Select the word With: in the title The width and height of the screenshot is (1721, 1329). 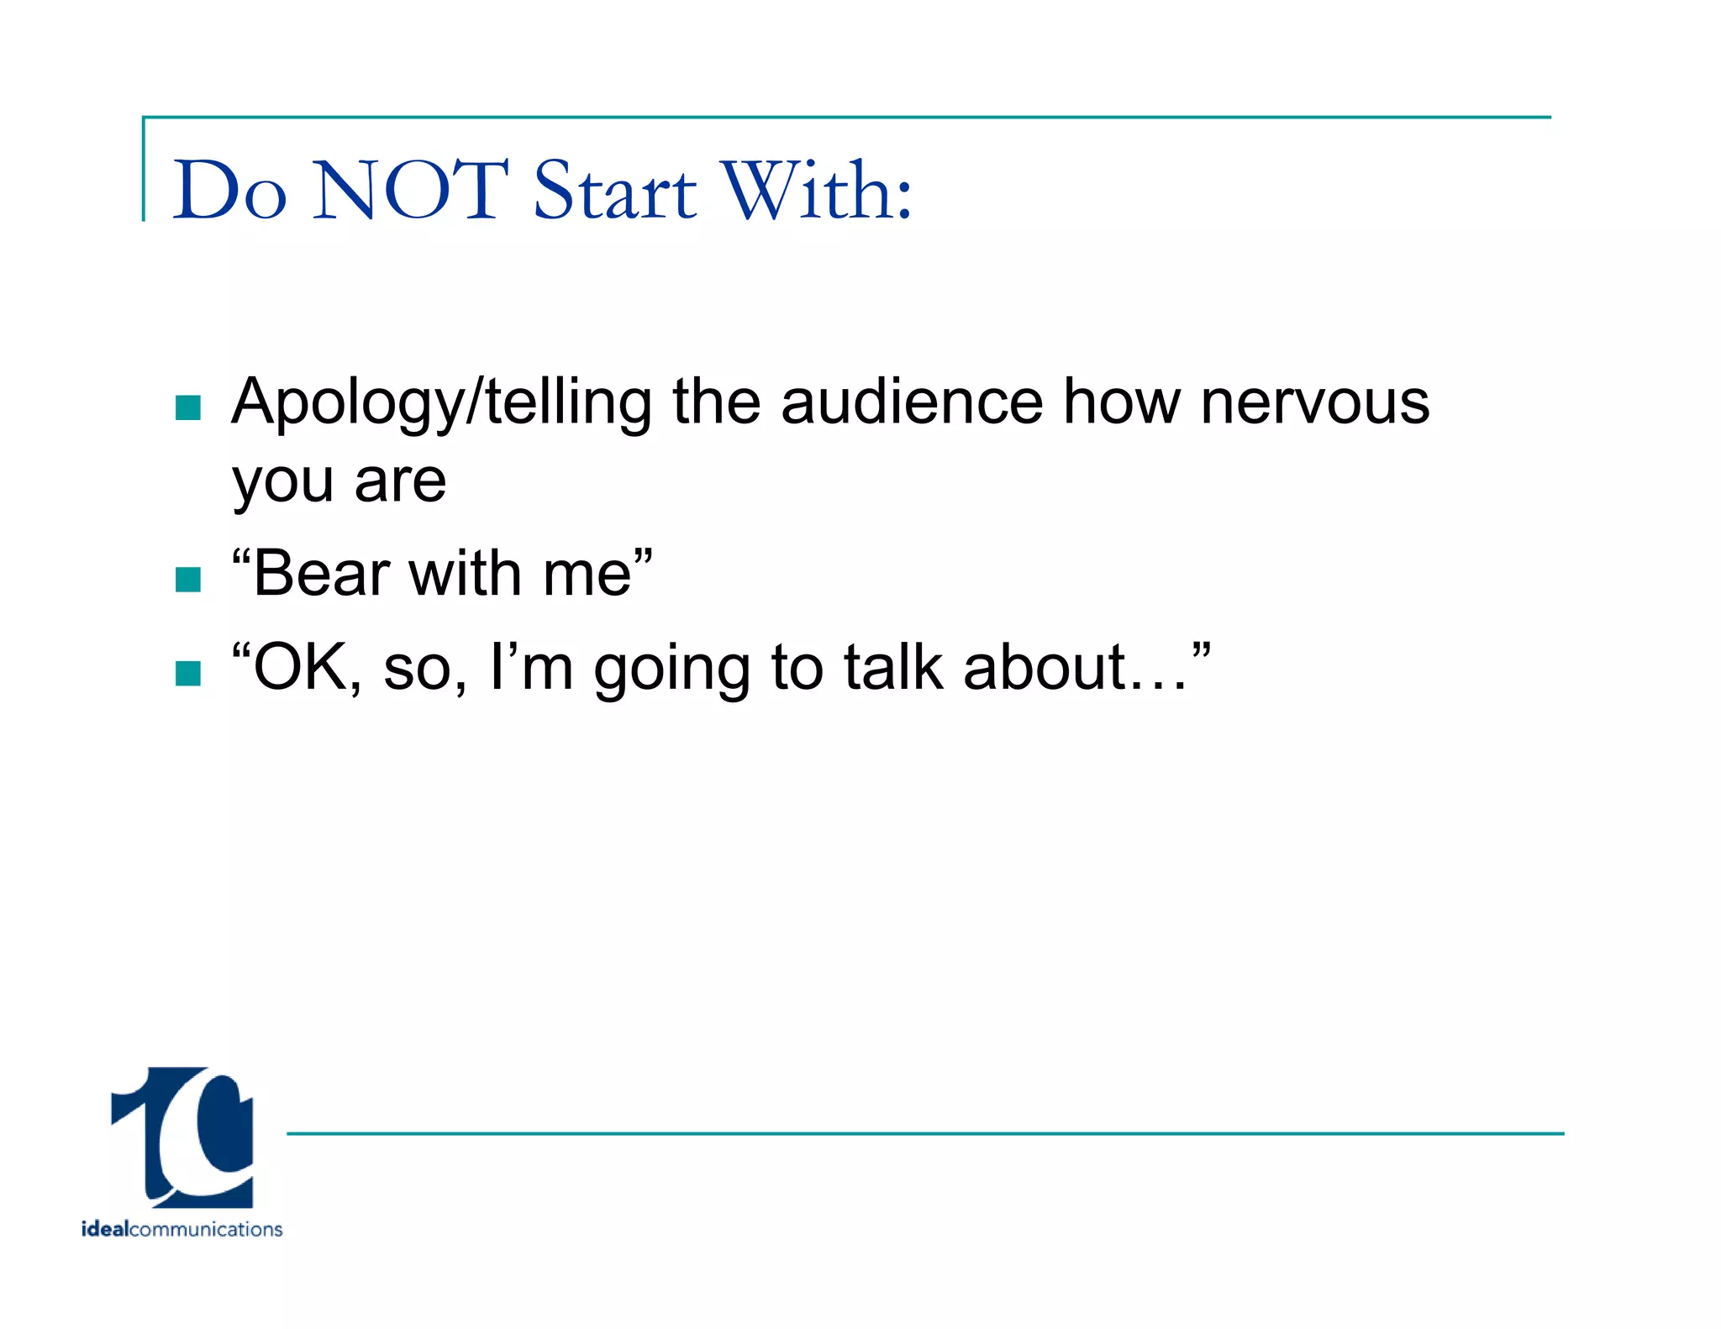[x=818, y=191]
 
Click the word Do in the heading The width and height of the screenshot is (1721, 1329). [x=229, y=191]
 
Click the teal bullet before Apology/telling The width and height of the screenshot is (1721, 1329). [x=188, y=408]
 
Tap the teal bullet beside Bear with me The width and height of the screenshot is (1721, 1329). [x=188, y=580]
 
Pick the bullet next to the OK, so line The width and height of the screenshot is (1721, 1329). [x=188, y=673]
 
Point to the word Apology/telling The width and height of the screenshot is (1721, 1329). [x=441, y=403]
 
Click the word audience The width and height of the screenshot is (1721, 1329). [x=912, y=402]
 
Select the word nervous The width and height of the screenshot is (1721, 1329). [x=1315, y=403]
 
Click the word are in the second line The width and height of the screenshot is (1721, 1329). [x=400, y=483]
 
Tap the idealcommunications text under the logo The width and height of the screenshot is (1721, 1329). [x=182, y=1229]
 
